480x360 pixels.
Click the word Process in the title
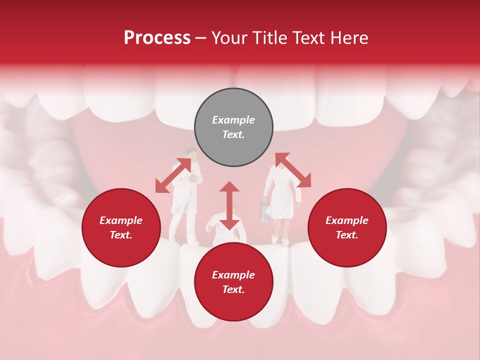tap(157, 38)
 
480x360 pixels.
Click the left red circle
tap(121, 227)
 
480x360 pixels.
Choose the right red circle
tap(347, 227)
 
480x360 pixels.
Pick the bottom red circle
tap(233, 282)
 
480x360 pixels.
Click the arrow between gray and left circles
tap(173, 175)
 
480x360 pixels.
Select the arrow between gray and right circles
tap(293, 170)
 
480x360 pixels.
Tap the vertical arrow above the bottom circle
tap(229, 205)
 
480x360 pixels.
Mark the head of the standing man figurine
tap(190, 153)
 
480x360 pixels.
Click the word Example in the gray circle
tap(233, 120)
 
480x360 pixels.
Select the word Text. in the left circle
tap(121, 235)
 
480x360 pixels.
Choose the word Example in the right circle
tap(347, 220)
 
